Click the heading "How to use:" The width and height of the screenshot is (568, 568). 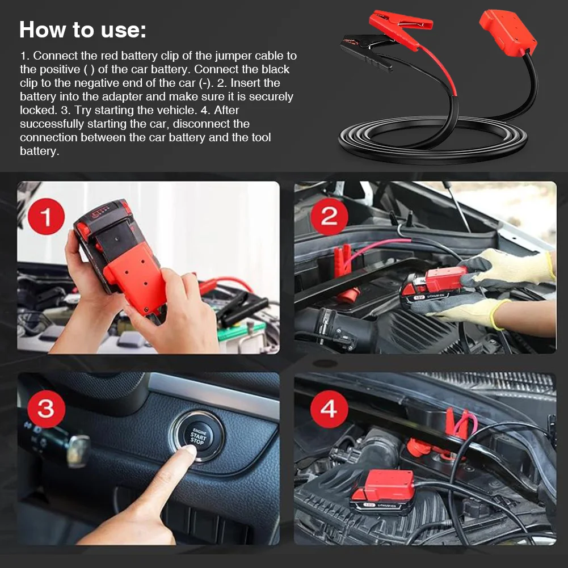point(83,30)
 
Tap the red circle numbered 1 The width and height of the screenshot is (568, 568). point(47,217)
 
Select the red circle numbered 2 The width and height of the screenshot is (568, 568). point(329,216)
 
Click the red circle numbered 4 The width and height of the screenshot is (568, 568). point(329,409)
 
